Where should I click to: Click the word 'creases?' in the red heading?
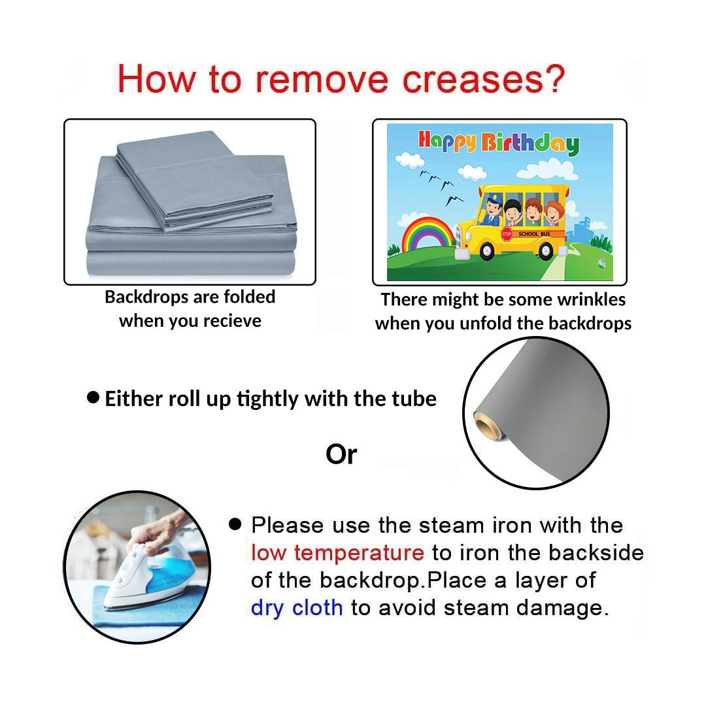[x=483, y=80]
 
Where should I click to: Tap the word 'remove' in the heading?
[x=322, y=80]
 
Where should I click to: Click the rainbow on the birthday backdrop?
[x=428, y=234]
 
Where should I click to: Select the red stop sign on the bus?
[x=507, y=234]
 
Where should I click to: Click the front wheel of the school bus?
[x=487, y=251]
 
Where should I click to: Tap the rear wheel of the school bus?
[x=546, y=250]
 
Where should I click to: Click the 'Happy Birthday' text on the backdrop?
[x=499, y=143]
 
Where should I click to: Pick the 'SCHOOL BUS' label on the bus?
[x=534, y=233]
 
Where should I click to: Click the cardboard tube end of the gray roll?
[x=487, y=426]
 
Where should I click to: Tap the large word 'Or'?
[x=341, y=454]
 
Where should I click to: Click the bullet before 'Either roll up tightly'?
[x=93, y=397]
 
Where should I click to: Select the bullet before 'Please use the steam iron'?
[x=235, y=524]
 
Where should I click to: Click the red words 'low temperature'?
[x=337, y=553]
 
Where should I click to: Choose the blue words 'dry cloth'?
[x=297, y=608]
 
